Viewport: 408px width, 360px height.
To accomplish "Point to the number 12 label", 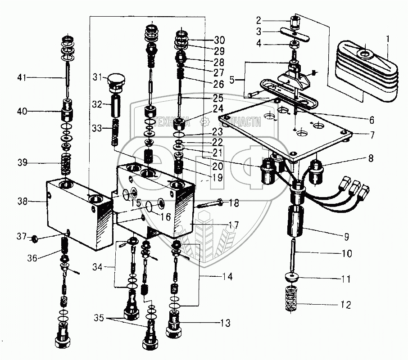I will pos(345,305).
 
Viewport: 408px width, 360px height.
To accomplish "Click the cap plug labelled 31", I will pos(116,82).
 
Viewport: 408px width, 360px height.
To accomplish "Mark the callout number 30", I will pos(219,39).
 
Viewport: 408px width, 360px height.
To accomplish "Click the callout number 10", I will pos(346,253).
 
